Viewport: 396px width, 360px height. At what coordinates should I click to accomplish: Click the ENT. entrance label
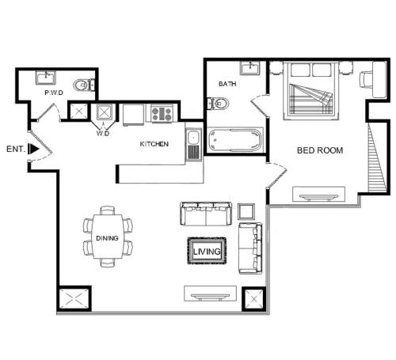16,149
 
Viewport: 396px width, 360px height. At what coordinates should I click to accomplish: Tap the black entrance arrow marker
33,149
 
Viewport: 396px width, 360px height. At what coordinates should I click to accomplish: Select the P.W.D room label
54,93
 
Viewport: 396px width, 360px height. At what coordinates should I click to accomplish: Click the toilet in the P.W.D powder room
84,85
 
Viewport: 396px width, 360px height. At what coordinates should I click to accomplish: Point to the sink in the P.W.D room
46,78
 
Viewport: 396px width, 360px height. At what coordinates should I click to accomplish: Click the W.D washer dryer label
103,133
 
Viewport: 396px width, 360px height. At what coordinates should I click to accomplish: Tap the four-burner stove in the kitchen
162,114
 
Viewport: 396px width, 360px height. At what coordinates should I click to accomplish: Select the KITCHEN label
154,144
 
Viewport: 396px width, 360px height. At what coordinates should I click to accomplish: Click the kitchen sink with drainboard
194,144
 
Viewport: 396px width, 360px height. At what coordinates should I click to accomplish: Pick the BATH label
227,84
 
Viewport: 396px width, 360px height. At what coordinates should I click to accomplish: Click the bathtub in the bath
235,140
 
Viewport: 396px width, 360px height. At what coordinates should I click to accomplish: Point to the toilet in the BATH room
218,104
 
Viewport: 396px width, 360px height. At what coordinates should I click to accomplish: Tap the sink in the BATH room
249,68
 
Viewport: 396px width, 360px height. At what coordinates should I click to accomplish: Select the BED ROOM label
320,150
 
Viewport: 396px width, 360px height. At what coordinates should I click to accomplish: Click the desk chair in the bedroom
365,79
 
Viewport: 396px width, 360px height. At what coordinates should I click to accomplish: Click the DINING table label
107,238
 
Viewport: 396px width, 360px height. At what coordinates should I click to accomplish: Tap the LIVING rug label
207,252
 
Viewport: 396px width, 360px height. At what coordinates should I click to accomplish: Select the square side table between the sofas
246,211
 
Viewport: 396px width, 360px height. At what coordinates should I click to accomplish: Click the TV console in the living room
210,294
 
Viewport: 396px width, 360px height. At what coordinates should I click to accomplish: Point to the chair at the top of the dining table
108,210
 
